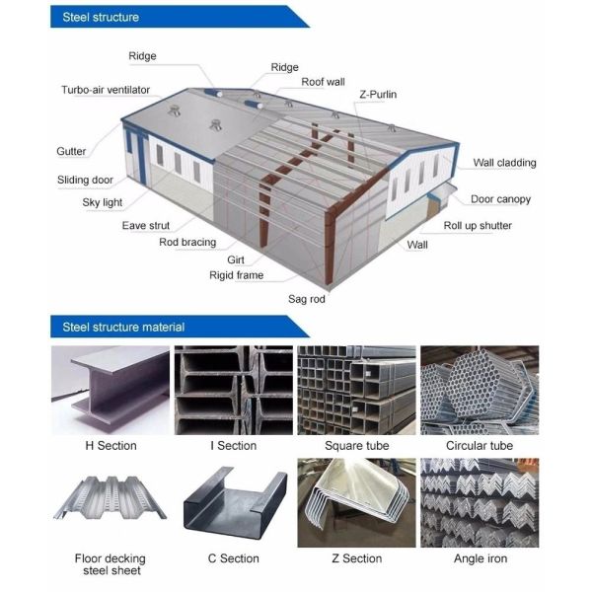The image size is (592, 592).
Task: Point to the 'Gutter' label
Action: (71, 152)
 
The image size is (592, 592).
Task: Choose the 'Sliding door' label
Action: (85, 181)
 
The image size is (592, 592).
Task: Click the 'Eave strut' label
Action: (147, 226)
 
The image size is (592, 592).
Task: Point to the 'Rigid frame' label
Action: (236, 275)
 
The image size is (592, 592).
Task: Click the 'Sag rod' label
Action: (306, 298)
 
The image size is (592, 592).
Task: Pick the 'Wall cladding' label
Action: (505, 163)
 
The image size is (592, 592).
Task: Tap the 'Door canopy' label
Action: (500, 199)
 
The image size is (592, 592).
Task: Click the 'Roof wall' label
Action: (325, 82)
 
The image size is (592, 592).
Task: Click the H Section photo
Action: (111, 391)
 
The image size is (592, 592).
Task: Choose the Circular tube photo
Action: (480, 391)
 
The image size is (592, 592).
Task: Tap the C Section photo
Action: (234, 502)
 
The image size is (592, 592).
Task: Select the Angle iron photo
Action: (480, 502)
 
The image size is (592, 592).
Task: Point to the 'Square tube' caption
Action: (356, 446)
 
